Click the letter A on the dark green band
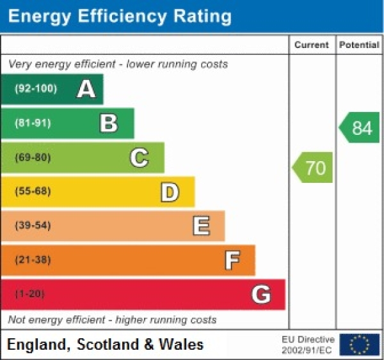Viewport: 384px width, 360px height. tap(86, 90)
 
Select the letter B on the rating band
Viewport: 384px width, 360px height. tap(109, 123)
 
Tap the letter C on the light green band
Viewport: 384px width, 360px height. tap(139, 157)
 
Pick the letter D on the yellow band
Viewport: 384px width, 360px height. tap(169, 192)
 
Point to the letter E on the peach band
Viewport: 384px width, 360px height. tap(200, 226)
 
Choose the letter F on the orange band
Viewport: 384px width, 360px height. tap(232, 260)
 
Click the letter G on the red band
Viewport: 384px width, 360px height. tap(260, 295)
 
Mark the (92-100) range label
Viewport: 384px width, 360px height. tap(35, 89)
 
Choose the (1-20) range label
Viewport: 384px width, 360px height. tap(30, 294)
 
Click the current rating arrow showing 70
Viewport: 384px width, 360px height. tap(314, 168)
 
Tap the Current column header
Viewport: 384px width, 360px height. tap(312, 45)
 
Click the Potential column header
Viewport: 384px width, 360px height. tap(359, 45)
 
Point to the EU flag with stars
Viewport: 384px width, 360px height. tap(359, 345)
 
